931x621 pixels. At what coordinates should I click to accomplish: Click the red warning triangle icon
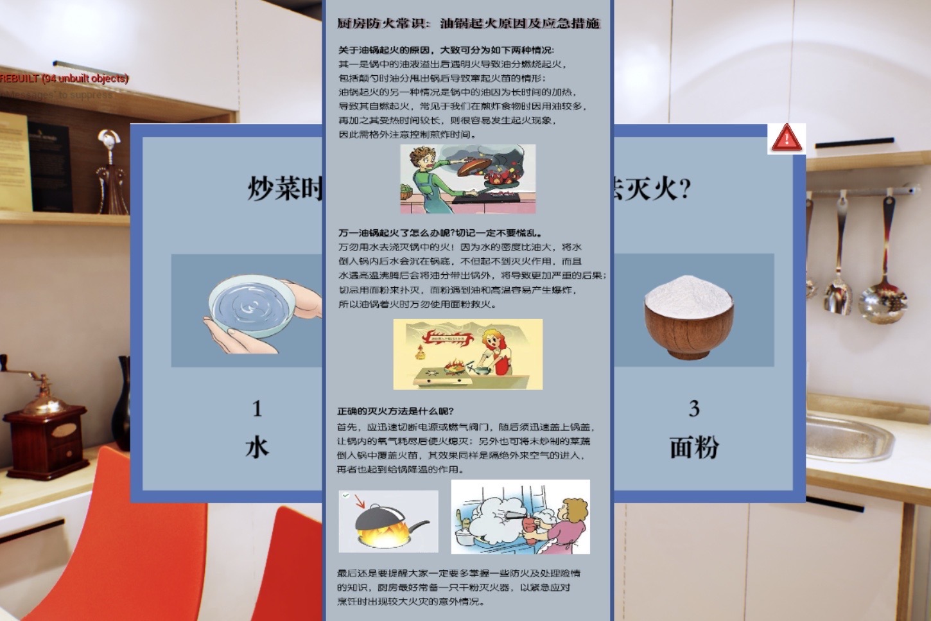point(786,138)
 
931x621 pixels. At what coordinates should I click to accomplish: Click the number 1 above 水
point(257,409)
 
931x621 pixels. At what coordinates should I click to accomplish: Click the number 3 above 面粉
point(694,409)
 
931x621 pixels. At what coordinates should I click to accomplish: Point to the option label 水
point(257,447)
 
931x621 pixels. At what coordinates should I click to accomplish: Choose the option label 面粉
point(694,447)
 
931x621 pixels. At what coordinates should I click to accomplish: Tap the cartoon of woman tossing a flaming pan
point(467,179)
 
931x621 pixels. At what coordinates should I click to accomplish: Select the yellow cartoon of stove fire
point(467,354)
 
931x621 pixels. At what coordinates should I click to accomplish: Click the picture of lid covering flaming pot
point(388,521)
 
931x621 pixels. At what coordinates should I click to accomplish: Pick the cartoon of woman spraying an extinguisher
point(520,517)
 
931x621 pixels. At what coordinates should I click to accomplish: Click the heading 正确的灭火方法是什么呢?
point(396,412)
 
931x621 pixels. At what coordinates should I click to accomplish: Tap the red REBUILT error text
point(64,79)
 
